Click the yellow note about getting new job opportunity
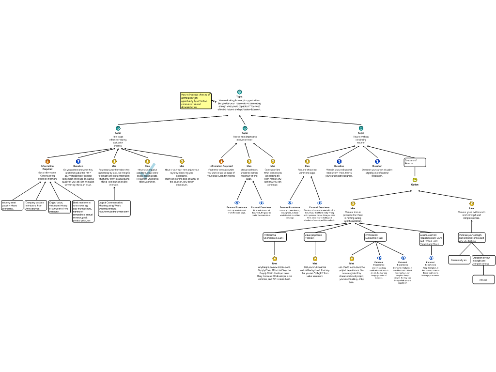(x=196, y=101)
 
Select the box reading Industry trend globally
(x=12, y=205)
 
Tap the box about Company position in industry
(x=36, y=205)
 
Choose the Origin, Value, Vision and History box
(x=60, y=207)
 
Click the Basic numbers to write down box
(x=83, y=211)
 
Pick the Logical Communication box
(x=114, y=208)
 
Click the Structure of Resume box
(x=415, y=162)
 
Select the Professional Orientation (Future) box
(x=275, y=237)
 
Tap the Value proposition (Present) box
(x=315, y=237)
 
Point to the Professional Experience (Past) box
(x=375, y=237)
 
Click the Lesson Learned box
(x=431, y=239)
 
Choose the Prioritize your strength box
(x=472, y=237)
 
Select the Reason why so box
(x=459, y=260)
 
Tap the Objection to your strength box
(x=483, y=261)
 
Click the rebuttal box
(x=483, y=279)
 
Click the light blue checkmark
(x=148, y=170)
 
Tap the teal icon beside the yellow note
(x=239, y=92)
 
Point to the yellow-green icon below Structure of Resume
(x=415, y=180)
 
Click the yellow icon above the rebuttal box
(x=472, y=203)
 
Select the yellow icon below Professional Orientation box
(x=275, y=259)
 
